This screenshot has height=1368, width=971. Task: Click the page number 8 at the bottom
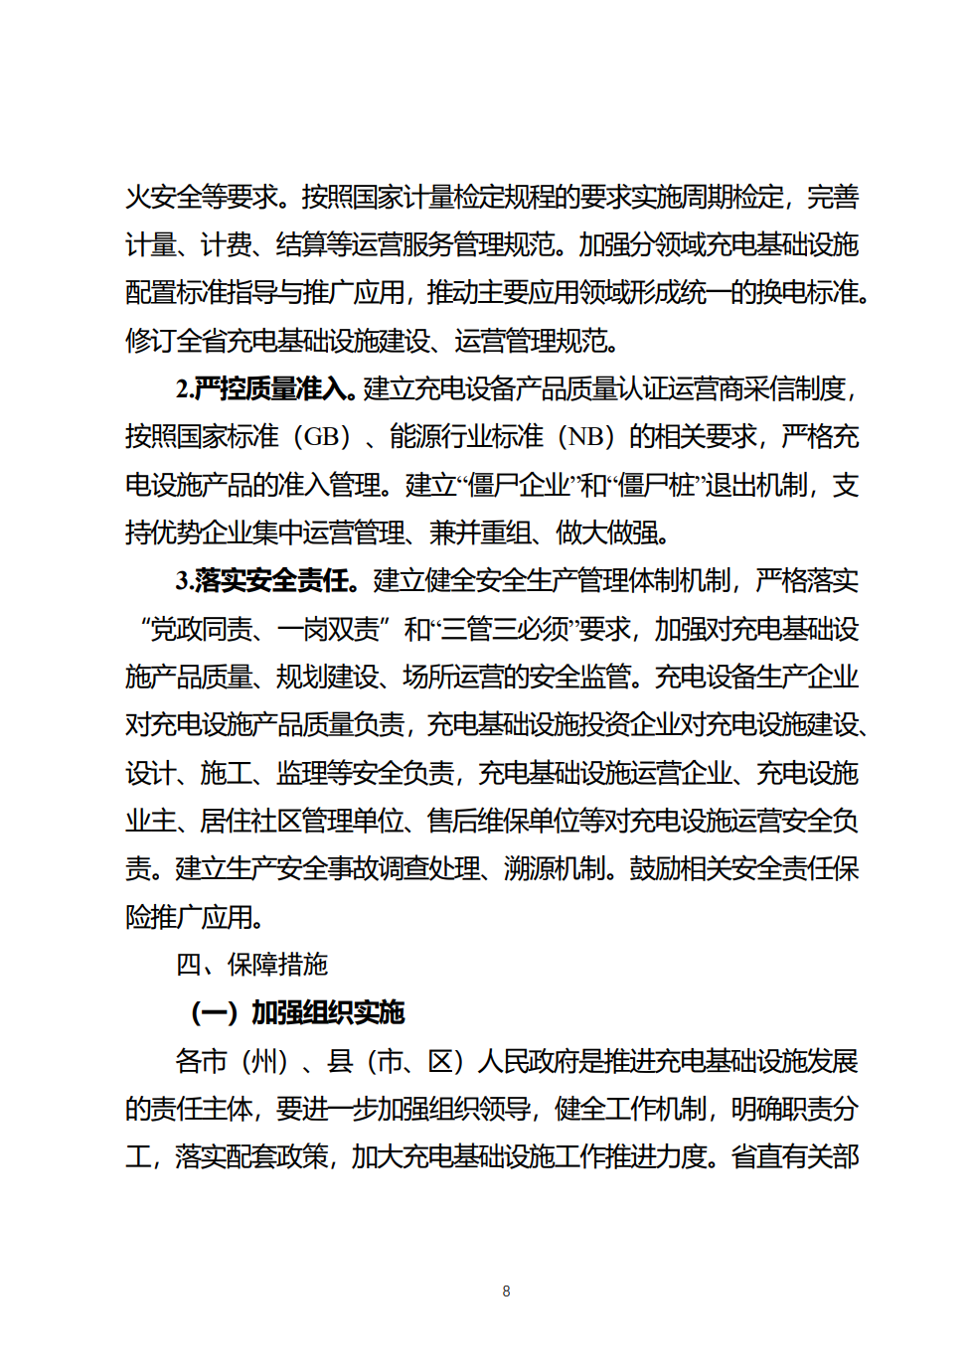tap(506, 1291)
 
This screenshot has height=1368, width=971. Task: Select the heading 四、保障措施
tap(251, 964)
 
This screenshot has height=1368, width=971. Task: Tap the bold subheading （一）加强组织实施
tap(297, 1011)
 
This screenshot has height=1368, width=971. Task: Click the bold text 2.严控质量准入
tap(265, 388)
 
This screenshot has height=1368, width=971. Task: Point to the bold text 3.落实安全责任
tap(265, 580)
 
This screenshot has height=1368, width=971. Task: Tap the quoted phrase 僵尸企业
tap(518, 485)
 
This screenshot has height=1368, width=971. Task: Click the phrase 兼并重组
tap(480, 532)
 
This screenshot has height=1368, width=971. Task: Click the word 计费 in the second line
tap(226, 244)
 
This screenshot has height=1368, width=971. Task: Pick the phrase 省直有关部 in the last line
tap(795, 1156)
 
